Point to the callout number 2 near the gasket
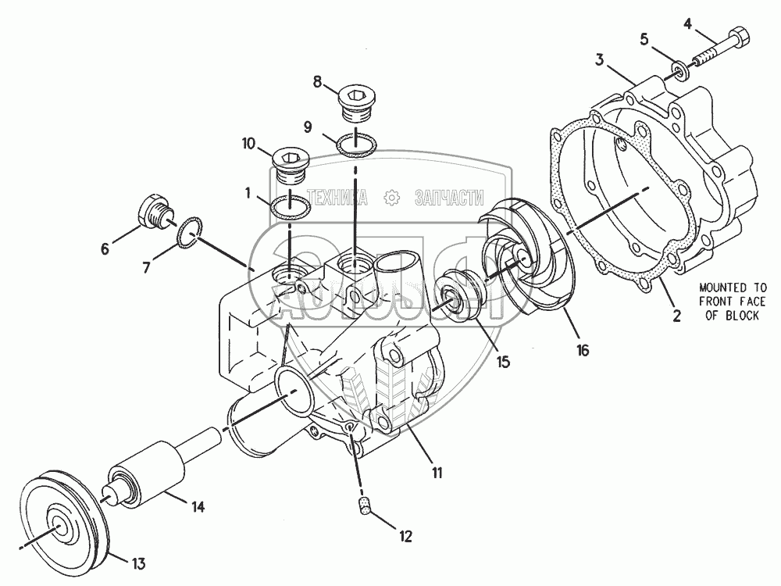click(x=676, y=316)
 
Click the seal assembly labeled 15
click(x=458, y=295)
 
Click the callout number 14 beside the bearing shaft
click(x=198, y=507)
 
